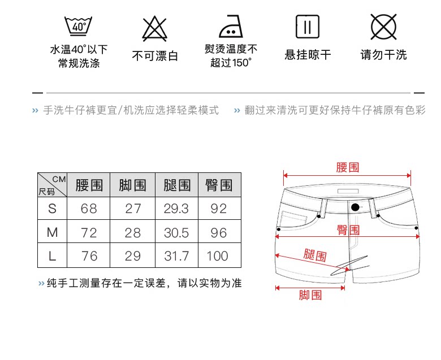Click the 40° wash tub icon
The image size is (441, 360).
click(78, 25)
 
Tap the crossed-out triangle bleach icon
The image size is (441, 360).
click(154, 26)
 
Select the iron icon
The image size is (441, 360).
click(231, 26)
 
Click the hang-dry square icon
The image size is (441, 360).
click(308, 26)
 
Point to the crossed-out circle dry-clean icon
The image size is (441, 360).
click(383, 26)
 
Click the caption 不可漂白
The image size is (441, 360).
click(155, 55)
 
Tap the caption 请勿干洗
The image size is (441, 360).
click(383, 55)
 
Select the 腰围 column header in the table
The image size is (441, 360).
click(89, 185)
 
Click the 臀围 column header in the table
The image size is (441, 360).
click(219, 185)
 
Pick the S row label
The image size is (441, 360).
click(53, 209)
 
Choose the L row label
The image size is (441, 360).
click(53, 256)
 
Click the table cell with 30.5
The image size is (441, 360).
click(176, 232)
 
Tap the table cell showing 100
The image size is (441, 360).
click(219, 256)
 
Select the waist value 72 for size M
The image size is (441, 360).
click(89, 232)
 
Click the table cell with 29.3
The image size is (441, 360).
click(176, 209)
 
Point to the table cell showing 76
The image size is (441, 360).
click(89, 256)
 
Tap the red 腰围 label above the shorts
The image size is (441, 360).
click(347, 167)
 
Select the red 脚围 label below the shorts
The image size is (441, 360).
click(310, 294)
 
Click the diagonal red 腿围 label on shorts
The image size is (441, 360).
click(314, 255)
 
